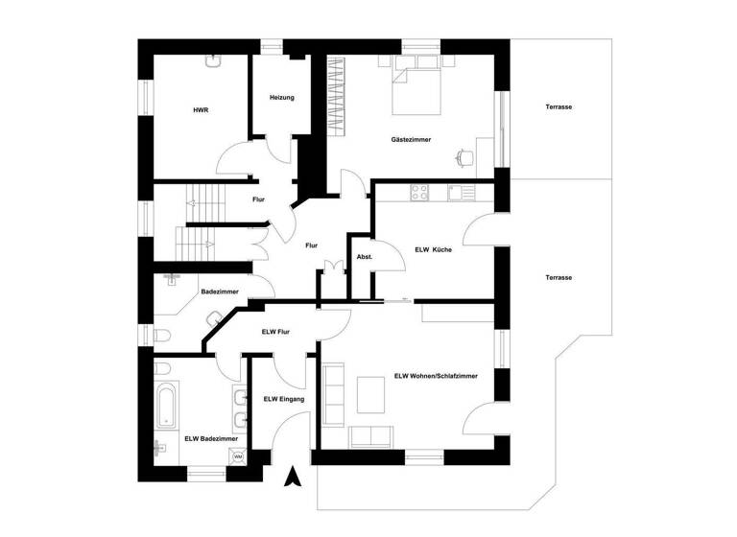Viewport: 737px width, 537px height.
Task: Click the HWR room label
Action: [x=201, y=110]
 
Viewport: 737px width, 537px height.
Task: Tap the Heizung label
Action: [x=281, y=98]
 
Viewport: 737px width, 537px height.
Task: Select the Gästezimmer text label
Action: [x=411, y=139]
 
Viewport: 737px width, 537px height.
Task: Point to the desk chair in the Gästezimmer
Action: [x=464, y=156]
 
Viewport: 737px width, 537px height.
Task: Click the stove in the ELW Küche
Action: [x=419, y=192]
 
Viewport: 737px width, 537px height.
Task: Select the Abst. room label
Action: [x=364, y=257]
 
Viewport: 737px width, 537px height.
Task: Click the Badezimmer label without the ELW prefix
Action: [x=220, y=292]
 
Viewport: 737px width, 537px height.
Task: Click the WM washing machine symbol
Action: [x=237, y=458]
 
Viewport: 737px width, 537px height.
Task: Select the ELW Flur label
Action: [x=275, y=332]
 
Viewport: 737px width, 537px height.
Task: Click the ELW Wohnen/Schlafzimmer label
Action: [x=436, y=376]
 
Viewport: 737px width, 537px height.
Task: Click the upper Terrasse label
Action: [x=558, y=107]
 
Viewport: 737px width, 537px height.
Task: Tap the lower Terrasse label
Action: [x=558, y=277]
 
